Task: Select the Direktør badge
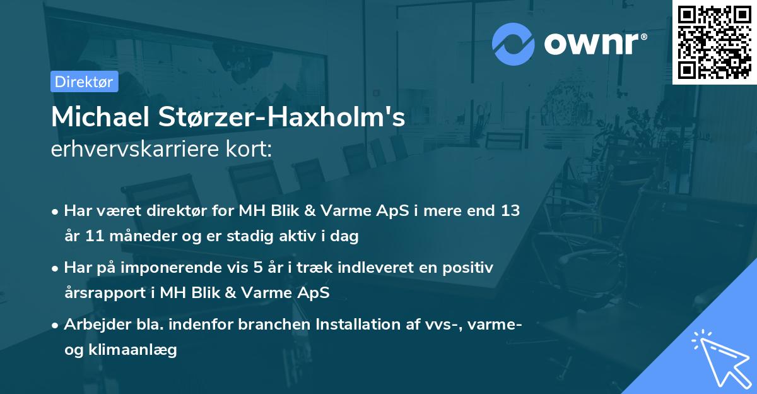point(84,81)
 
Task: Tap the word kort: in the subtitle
point(251,150)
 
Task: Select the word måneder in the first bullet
point(132,237)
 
